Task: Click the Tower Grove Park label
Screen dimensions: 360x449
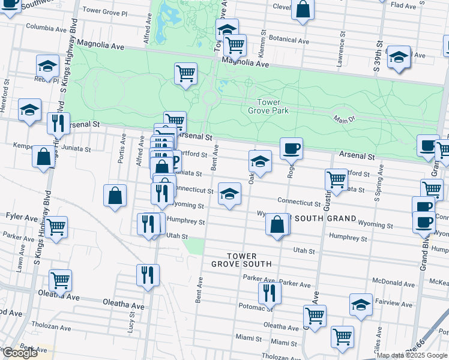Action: pos(268,106)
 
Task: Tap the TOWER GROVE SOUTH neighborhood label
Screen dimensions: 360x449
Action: pos(241,259)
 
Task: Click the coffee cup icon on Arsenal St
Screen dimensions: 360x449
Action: pos(291,148)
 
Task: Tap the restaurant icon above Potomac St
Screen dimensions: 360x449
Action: pos(270,292)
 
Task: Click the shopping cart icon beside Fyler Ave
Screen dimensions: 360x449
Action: pos(56,227)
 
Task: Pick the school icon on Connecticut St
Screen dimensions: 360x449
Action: pos(229,193)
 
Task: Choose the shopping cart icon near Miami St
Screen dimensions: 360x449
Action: pos(342,337)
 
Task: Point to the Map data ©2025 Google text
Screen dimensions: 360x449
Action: pos(412,355)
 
